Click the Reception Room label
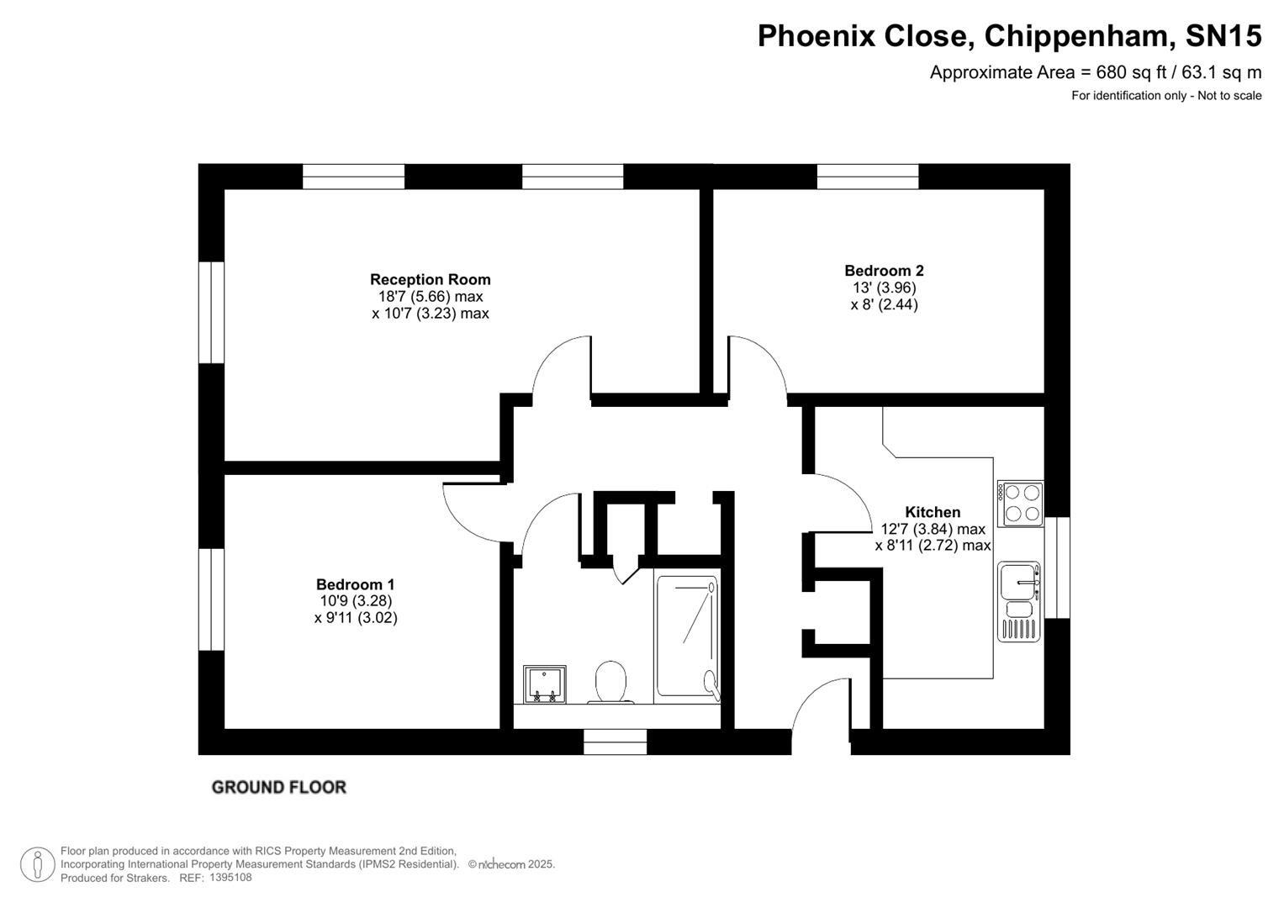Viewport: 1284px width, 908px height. [430, 279]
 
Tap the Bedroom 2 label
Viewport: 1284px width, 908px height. [884, 271]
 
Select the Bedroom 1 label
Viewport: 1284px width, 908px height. [355, 584]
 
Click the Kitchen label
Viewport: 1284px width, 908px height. [932, 512]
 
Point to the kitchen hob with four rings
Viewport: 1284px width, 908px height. [1021, 504]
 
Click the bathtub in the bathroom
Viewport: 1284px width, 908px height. [687, 636]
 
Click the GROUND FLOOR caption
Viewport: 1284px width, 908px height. [278, 787]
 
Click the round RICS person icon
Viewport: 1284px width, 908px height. [38, 864]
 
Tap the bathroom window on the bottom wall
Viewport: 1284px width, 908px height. [616, 742]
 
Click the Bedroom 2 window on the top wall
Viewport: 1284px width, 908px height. [867, 177]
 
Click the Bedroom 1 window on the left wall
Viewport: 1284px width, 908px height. [211, 599]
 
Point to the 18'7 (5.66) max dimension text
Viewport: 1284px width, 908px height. [430, 297]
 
